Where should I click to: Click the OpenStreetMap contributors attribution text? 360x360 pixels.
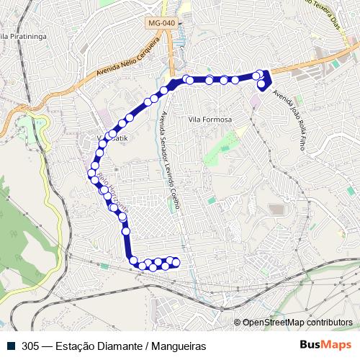coord(297,323)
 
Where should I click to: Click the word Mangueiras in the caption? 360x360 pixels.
coord(177,346)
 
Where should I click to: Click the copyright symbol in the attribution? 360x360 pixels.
coord(238,323)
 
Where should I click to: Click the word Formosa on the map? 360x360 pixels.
coord(216,119)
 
